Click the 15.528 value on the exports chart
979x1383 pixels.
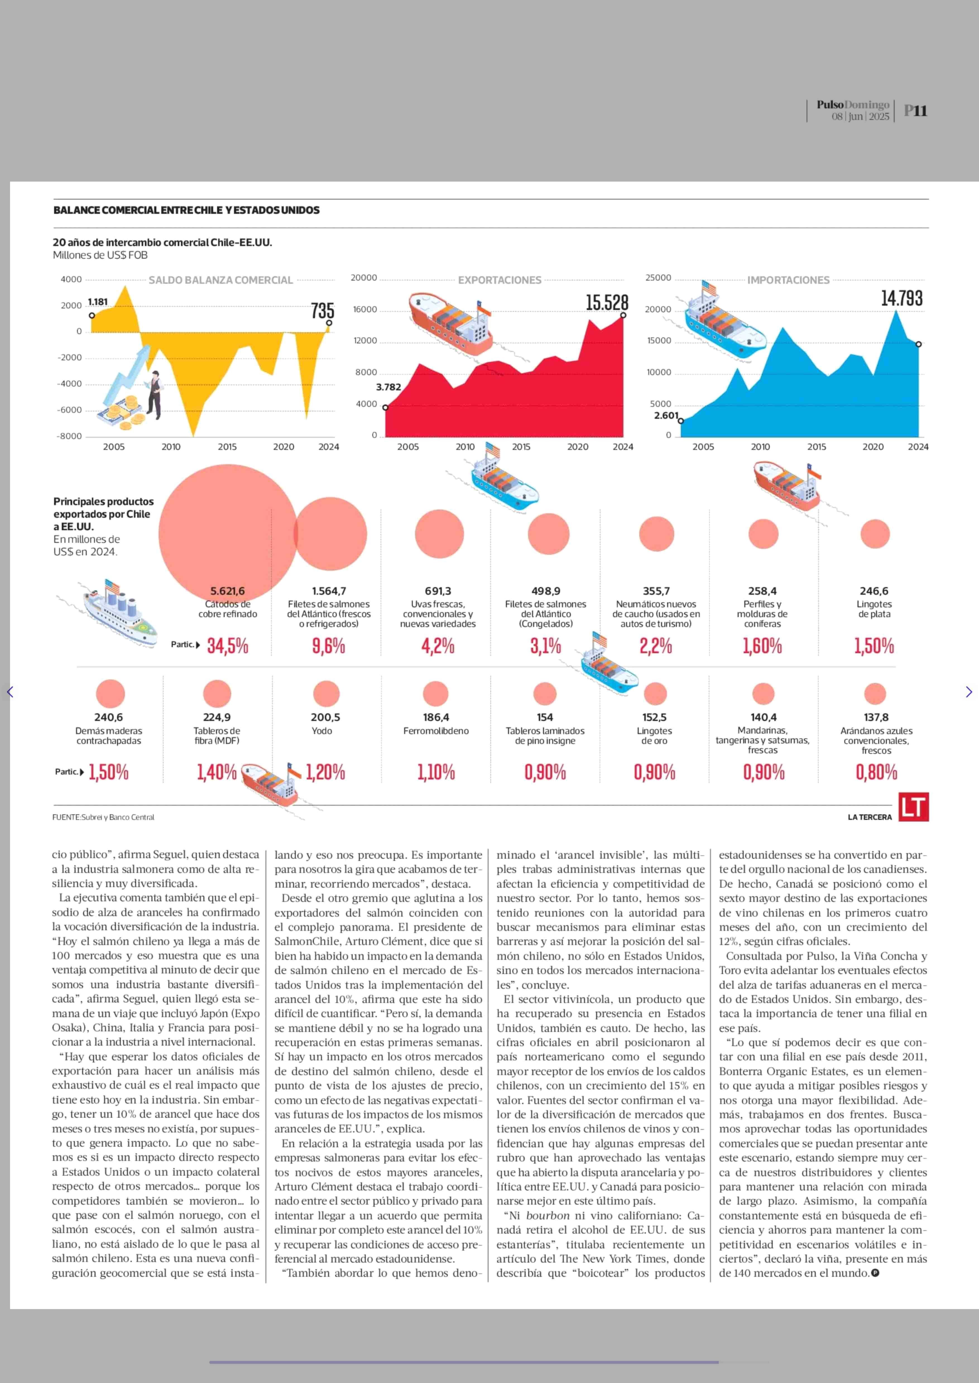click(606, 302)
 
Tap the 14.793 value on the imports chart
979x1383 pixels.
click(901, 298)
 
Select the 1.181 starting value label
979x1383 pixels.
click(98, 302)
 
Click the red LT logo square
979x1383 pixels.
click(913, 807)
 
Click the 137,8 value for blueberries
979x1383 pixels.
click(876, 717)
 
